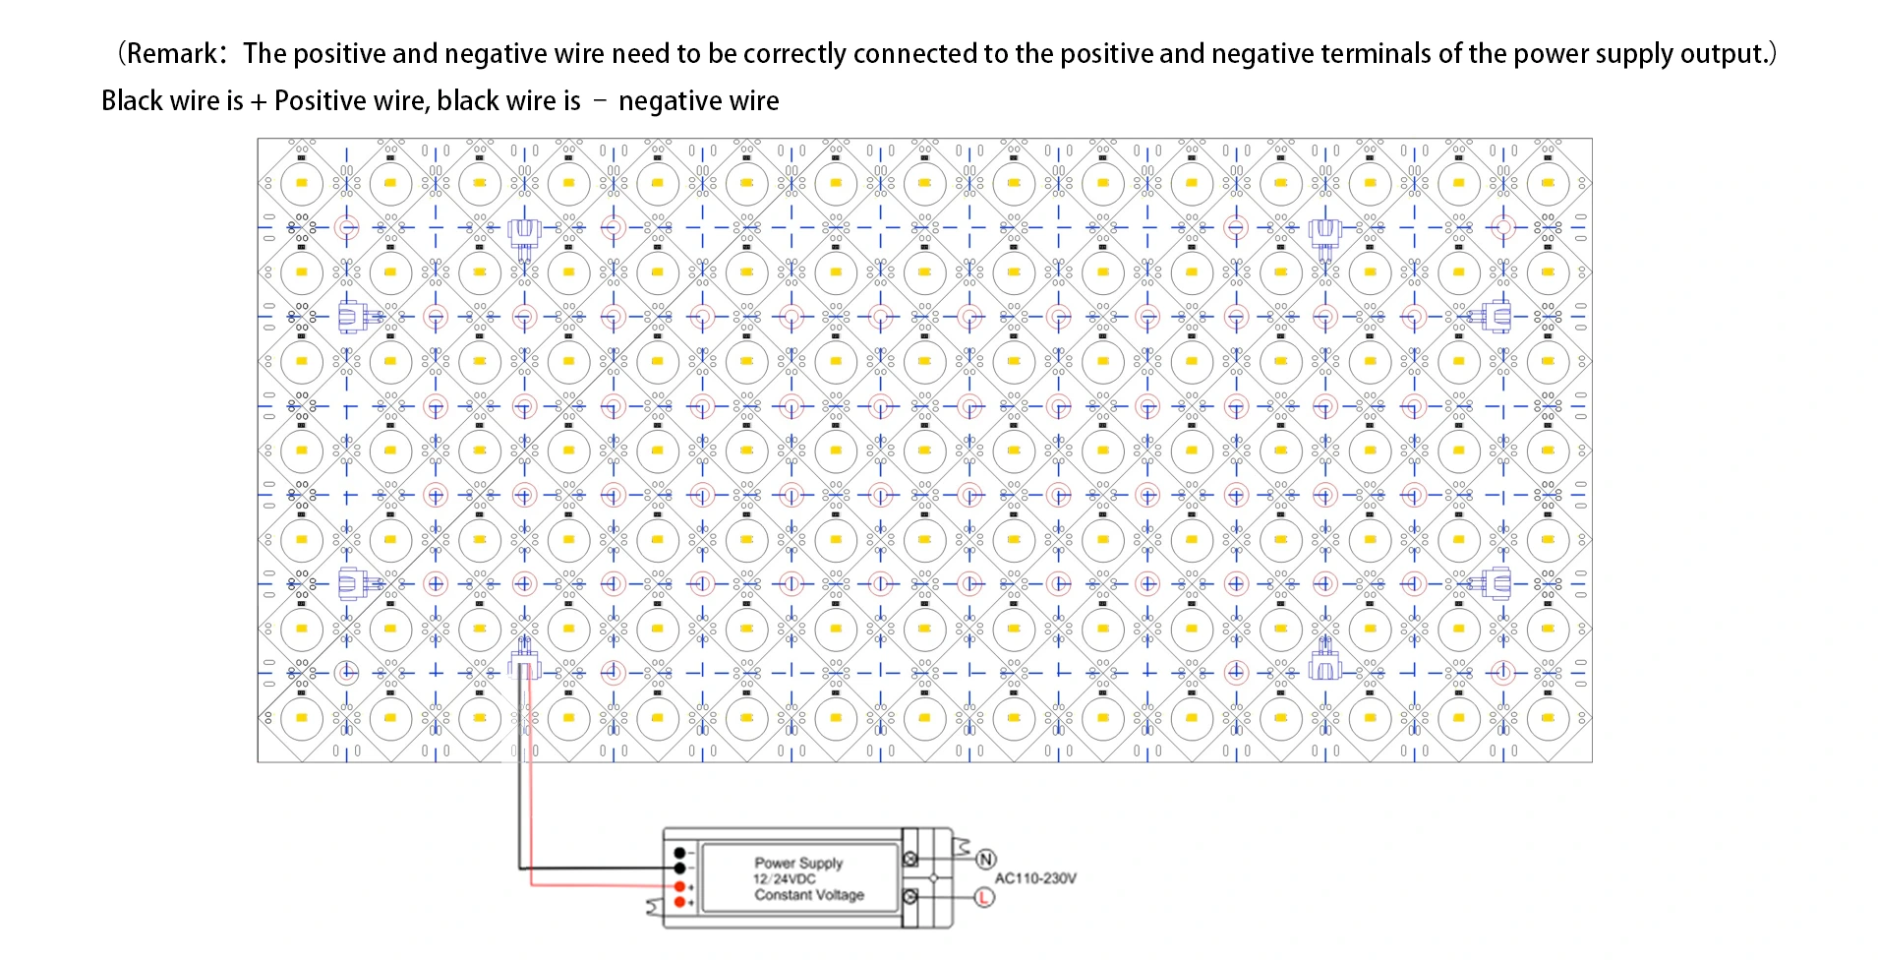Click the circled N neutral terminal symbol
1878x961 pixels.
tap(984, 860)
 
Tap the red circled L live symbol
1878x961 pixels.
tap(983, 897)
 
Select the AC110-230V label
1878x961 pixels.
tap(1035, 878)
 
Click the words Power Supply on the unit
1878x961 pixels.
tap(798, 863)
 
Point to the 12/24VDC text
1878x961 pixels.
tap(784, 878)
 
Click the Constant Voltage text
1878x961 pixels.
tap(809, 895)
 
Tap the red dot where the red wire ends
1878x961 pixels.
tap(679, 886)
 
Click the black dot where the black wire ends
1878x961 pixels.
tap(679, 869)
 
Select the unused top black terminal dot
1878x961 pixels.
tap(679, 853)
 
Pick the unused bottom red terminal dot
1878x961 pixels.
tap(679, 902)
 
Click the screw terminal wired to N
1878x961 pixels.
tap(910, 859)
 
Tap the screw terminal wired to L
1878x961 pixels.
tap(910, 896)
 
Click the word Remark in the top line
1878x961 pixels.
tap(173, 53)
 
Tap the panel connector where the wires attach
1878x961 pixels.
tap(524, 661)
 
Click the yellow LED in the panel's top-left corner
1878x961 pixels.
tap(302, 183)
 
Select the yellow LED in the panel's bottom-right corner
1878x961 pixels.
tap(1548, 718)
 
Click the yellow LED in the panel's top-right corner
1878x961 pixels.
tap(1548, 183)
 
